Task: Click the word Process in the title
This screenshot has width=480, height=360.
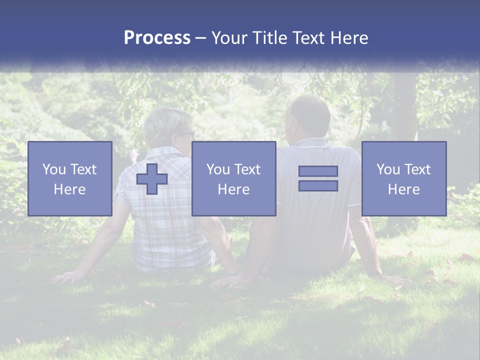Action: (x=157, y=37)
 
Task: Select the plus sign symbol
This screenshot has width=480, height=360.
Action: (x=152, y=179)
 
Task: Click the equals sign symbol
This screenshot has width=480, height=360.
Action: (x=318, y=178)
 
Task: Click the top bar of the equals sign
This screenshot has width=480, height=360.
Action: (x=318, y=171)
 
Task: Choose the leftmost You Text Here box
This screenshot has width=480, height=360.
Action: (x=70, y=178)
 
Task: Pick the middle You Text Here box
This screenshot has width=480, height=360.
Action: (x=233, y=178)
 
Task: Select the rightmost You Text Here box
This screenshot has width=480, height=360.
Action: (x=404, y=178)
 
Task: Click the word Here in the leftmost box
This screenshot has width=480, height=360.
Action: (x=69, y=189)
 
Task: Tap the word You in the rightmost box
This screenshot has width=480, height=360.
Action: (x=387, y=169)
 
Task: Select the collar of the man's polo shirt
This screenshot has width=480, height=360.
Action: (x=311, y=142)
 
